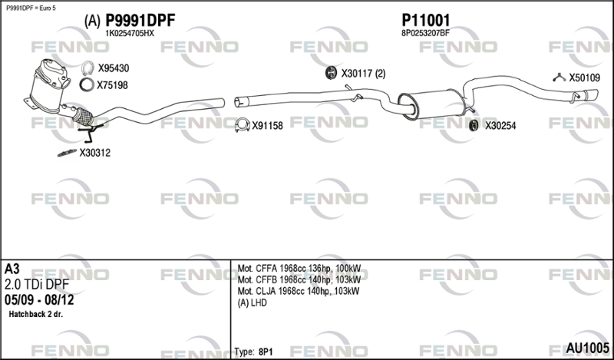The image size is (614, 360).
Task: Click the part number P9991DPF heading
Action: pyautogui.click(x=140, y=21)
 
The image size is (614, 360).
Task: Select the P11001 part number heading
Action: pyautogui.click(x=426, y=21)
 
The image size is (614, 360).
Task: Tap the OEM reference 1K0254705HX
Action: pyautogui.click(x=130, y=34)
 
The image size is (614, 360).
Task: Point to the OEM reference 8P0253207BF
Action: pyautogui.click(x=425, y=33)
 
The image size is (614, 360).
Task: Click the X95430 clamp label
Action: pyautogui.click(x=113, y=68)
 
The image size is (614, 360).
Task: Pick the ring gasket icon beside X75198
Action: pyautogui.click(x=87, y=84)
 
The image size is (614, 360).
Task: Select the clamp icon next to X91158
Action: pyautogui.click(x=243, y=125)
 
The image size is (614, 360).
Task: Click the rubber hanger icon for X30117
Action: pyautogui.click(x=332, y=73)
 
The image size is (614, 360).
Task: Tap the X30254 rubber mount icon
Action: pyautogui.click(x=474, y=125)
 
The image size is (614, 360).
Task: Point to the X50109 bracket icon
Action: pyautogui.click(x=560, y=78)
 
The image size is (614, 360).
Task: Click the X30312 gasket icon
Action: pyautogui.click(x=67, y=153)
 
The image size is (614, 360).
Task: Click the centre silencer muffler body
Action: pyautogui.click(x=431, y=104)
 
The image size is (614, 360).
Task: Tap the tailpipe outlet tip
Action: pyautogui.click(x=591, y=95)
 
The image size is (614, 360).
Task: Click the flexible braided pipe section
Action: pyautogui.click(x=83, y=117)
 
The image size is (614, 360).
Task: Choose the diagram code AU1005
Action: pyautogui.click(x=587, y=348)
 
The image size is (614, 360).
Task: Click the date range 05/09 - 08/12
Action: pyautogui.click(x=39, y=300)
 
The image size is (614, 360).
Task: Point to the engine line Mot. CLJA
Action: pyautogui.click(x=299, y=291)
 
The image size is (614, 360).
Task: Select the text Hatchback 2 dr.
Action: pyautogui.click(x=35, y=314)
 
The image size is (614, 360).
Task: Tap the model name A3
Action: pyautogui.click(x=12, y=269)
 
